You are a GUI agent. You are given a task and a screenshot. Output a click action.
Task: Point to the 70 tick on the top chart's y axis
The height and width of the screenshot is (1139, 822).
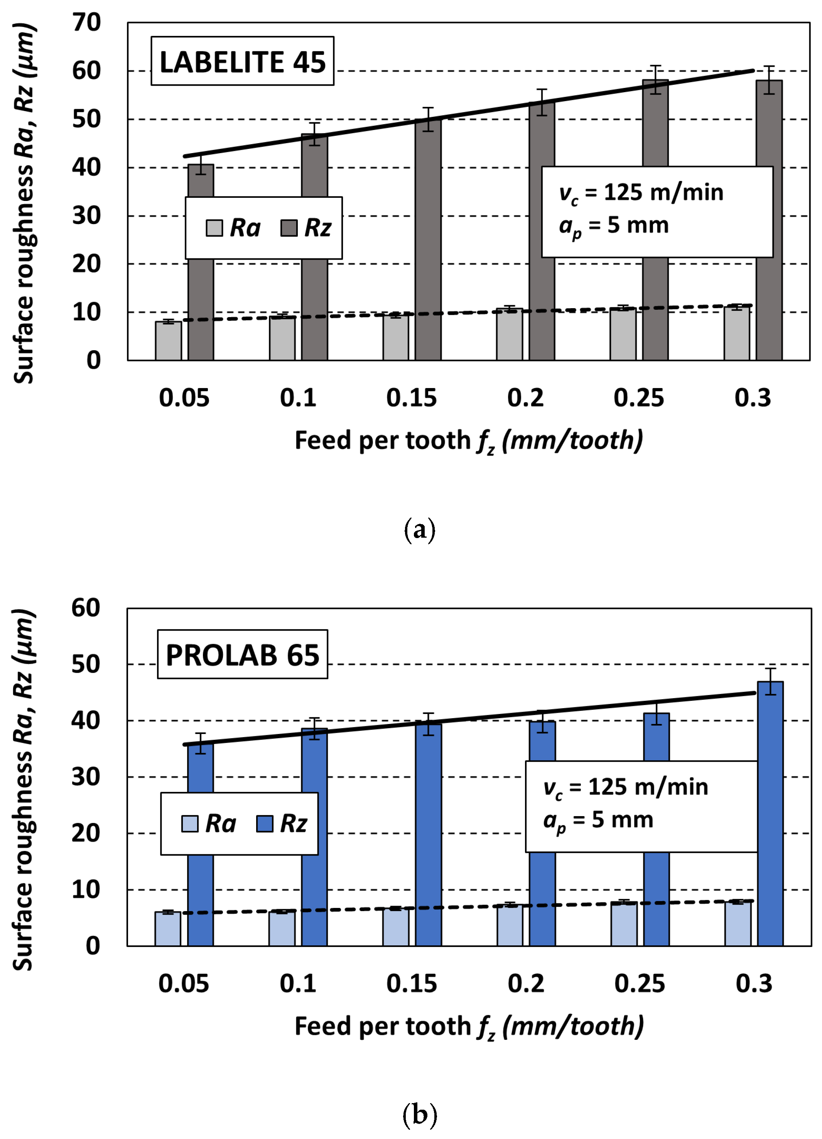(86, 23)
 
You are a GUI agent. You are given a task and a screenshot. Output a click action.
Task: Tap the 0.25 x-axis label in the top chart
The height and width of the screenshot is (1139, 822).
(638, 398)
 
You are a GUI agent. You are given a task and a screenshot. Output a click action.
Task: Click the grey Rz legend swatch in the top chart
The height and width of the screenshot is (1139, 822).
(289, 228)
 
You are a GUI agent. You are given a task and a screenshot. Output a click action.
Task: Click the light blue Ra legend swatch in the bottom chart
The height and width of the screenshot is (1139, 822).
(189, 823)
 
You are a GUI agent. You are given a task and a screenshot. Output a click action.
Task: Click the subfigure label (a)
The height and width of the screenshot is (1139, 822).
(419, 530)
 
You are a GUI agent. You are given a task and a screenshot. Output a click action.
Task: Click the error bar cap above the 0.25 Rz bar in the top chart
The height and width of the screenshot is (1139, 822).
(655, 66)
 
